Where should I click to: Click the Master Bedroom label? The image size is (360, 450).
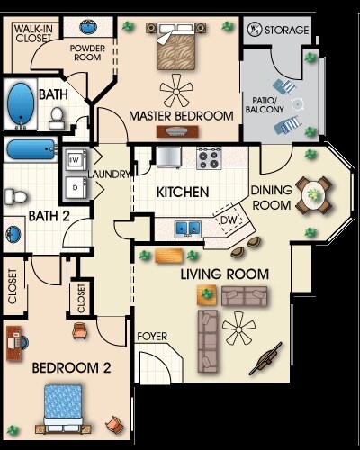point(181,116)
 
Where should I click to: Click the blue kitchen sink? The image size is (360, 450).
point(188,227)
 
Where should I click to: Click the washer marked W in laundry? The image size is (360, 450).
point(75,160)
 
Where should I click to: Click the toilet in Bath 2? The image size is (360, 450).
point(15,195)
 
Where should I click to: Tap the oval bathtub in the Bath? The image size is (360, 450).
point(19,106)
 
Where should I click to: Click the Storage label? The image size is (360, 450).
point(286,31)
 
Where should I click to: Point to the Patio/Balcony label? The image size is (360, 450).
point(265,104)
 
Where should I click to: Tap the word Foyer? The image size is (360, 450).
point(151,337)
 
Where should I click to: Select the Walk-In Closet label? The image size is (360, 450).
point(31,33)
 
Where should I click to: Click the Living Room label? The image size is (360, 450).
point(213,274)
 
